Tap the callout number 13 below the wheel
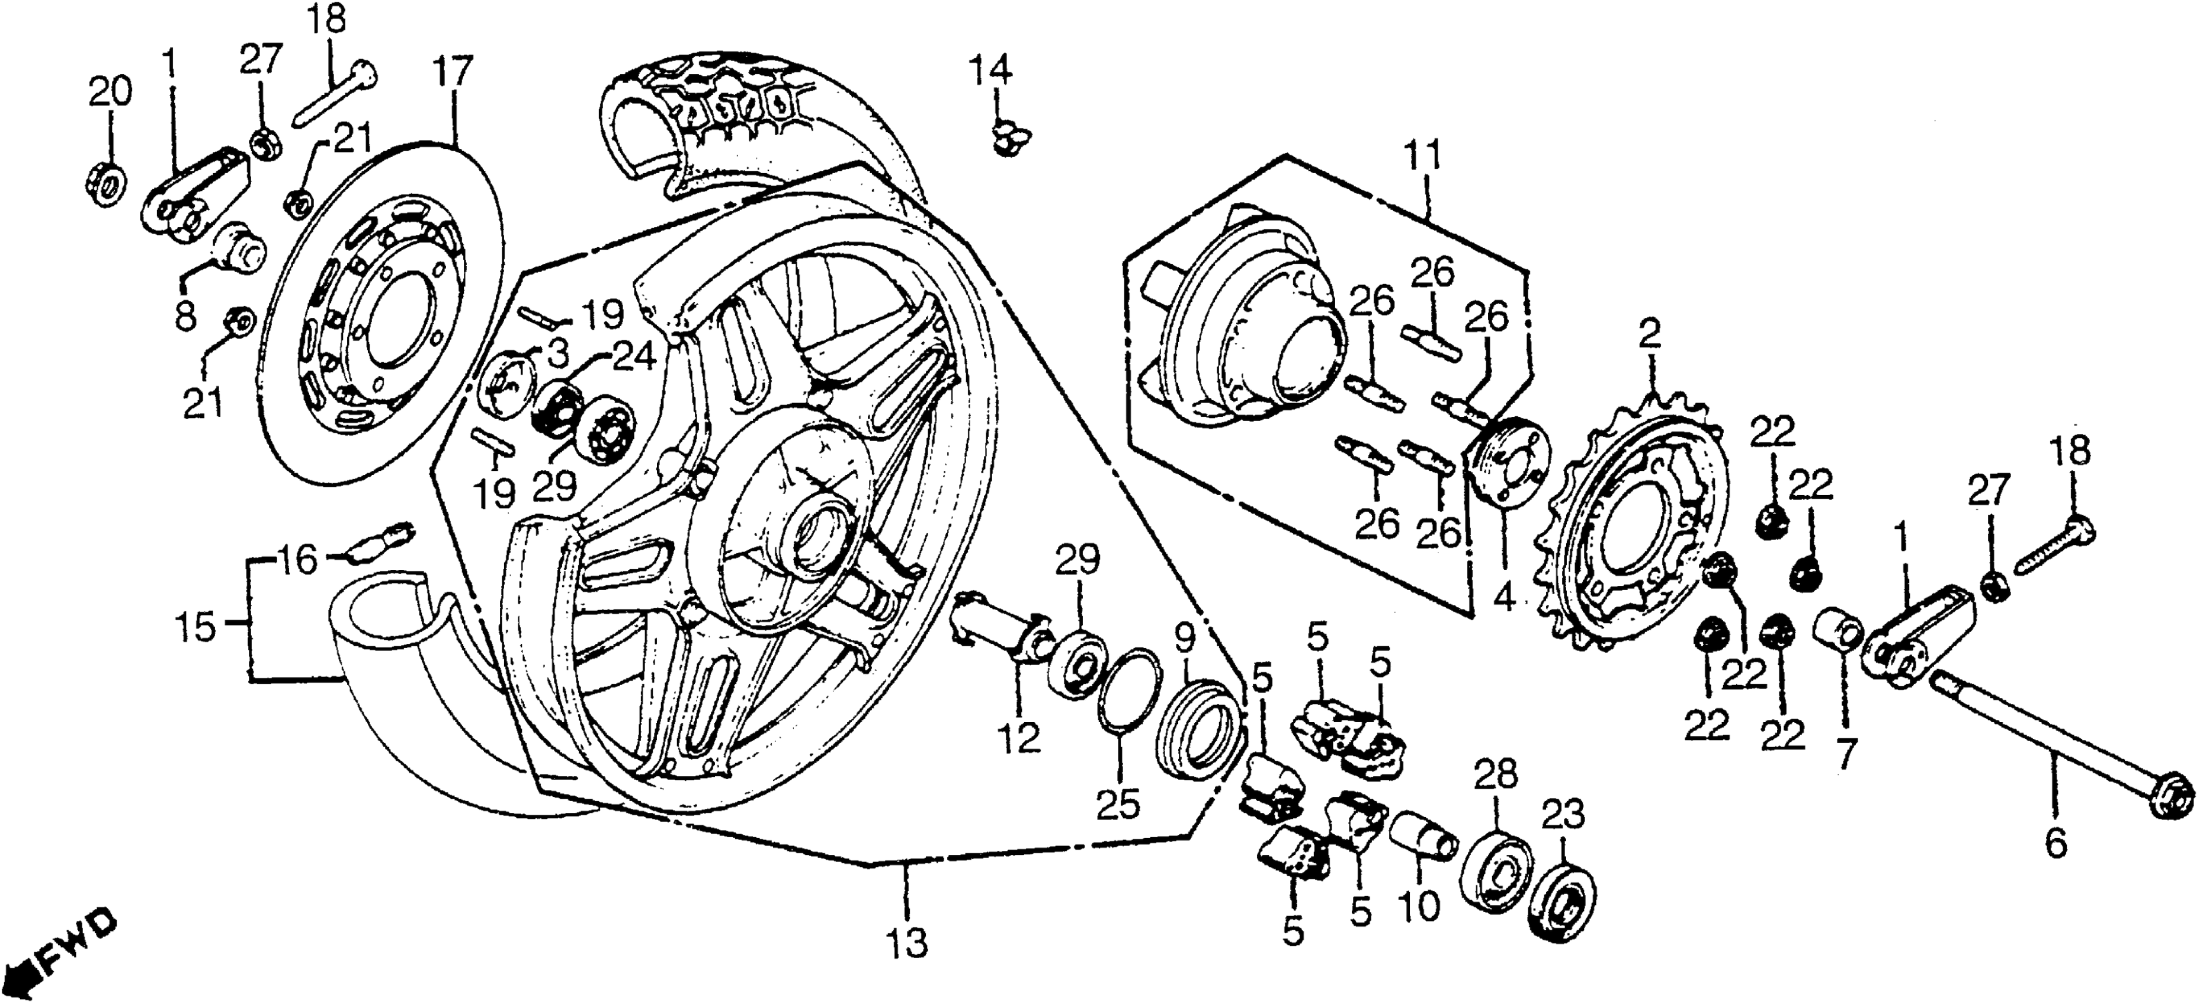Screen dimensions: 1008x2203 [906, 944]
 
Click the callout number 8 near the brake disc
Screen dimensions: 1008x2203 [185, 315]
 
